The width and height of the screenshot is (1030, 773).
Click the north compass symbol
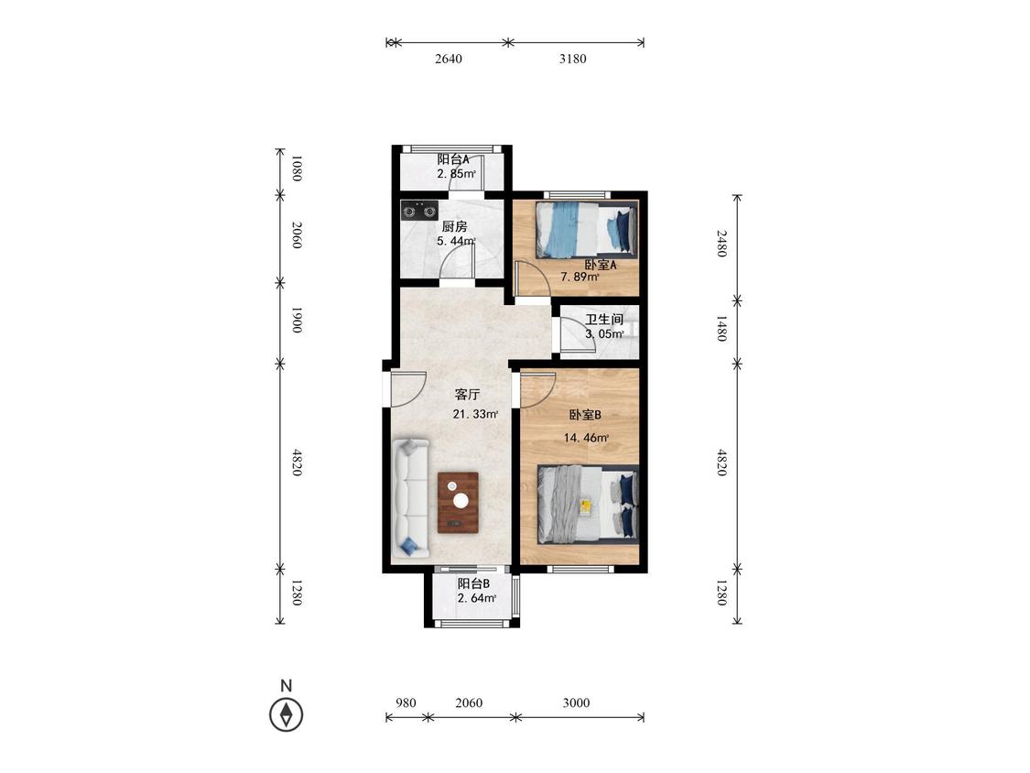287,713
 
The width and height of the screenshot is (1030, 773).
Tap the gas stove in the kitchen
419,212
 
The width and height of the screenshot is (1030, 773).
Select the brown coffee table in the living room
458,502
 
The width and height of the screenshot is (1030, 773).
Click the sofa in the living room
410,498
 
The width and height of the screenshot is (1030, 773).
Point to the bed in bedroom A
587,229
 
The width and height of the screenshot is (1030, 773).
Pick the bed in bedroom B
588,504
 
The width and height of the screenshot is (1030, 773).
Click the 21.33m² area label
475,415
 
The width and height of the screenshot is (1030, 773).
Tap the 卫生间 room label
604,320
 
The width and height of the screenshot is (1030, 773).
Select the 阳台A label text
453,159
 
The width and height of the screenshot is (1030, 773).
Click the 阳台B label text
473,583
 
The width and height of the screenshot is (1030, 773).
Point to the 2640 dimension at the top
448,59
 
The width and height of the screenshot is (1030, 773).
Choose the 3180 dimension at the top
573,59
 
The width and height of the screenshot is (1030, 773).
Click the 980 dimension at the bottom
406,702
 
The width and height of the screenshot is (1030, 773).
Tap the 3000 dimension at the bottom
576,702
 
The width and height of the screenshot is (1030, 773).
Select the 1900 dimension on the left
297,320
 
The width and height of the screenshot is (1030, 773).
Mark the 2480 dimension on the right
721,244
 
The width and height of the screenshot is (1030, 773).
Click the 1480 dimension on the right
721,328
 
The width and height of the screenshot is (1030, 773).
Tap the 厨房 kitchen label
454,227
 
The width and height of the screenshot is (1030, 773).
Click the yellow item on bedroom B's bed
585,505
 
